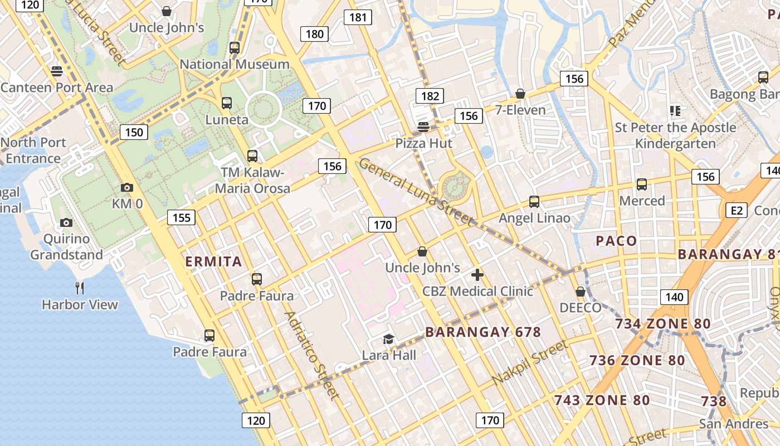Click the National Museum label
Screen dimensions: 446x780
pyautogui.click(x=235, y=64)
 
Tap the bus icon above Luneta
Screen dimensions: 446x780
pyautogui.click(x=227, y=103)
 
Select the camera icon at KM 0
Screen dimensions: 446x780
pyautogui.click(x=127, y=188)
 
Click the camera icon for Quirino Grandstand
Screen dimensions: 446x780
pyautogui.click(x=66, y=223)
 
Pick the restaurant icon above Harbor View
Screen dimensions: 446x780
pyautogui.click(x=80, y=288)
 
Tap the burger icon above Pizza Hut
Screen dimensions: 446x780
pyautogui.click(x=423, y=127)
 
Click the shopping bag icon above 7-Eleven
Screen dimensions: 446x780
pyautogui.click(x=520, y=93)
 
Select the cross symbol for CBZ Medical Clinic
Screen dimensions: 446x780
pyautogui.click(x=477, y=275)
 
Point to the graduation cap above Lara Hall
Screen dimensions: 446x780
pyautogui.click(x=388, y=338)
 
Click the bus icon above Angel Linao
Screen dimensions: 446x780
pyautogui.click(x=534, y=201)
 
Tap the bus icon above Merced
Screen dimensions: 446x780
pyautogui.click(x=642, y=184)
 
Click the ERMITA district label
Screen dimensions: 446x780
pyautogui.click(x=213, y=261)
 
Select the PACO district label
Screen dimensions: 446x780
pyautogui.click(x=616, y=241)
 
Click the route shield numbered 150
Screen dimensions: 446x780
pyautogui.click(x=134, y=132)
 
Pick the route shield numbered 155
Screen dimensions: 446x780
pyautogui.click(x=182, y=217)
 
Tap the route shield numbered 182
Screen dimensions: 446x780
pyautogui.click(x=430, y=96)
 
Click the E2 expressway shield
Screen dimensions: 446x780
pyautogui.click(x=737, y=210)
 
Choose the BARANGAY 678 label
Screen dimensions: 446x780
pyautogui.click(x=483, y=332)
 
